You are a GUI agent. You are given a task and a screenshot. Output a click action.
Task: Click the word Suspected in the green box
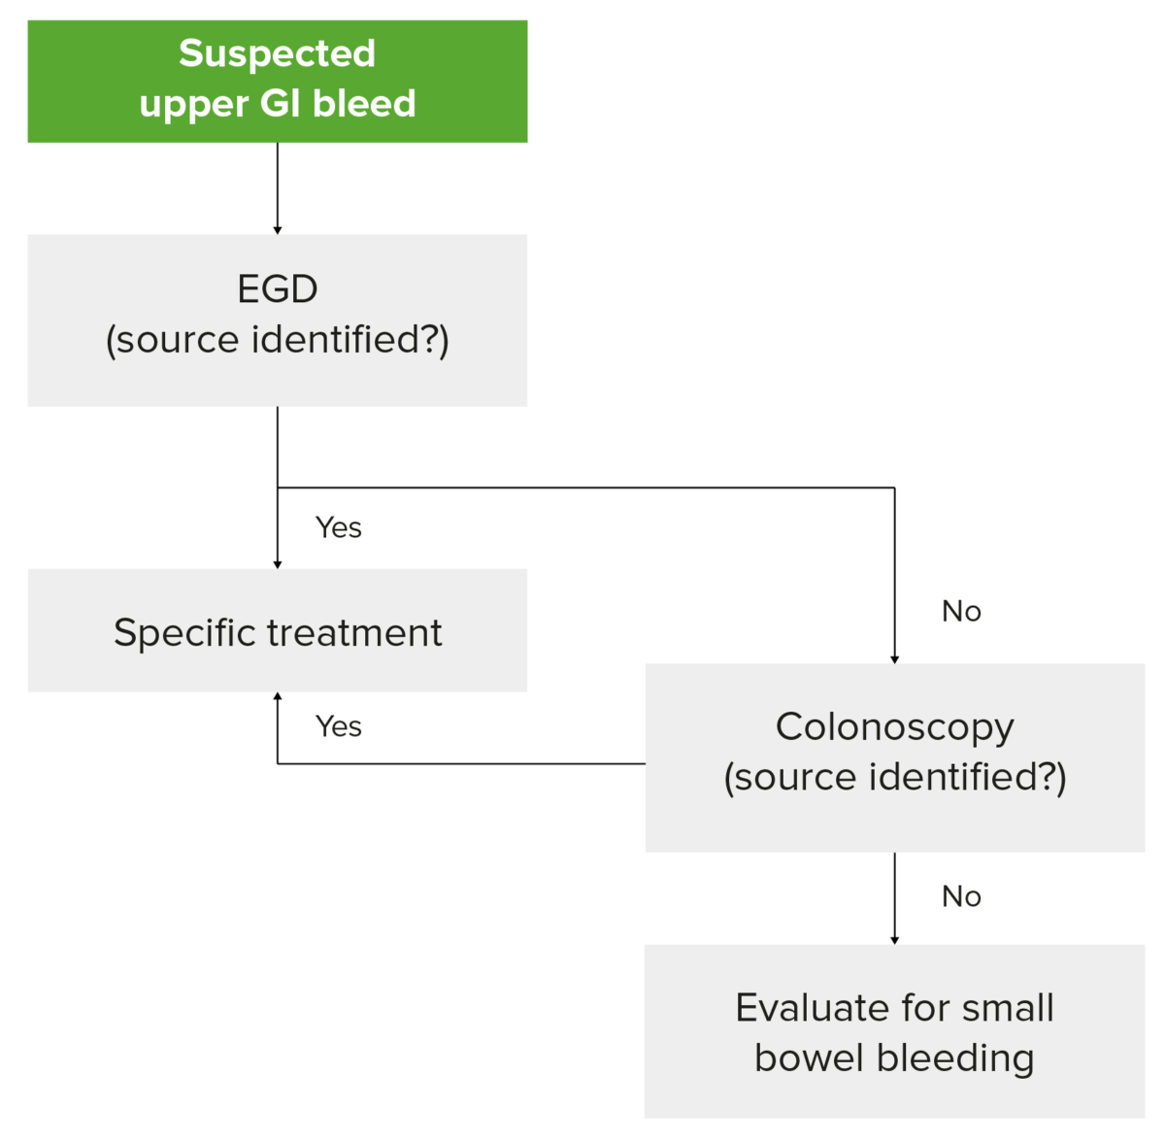pyautogui.click(x=277, y=53)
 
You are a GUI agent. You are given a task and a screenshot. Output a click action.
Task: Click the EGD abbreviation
pyautogui.click(x=278, y=289)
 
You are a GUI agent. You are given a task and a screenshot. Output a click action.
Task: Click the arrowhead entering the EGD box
pyautogui.click(x=278, y=229)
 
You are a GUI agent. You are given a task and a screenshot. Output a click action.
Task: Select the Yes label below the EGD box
pyautogui.click(x=338, y=527)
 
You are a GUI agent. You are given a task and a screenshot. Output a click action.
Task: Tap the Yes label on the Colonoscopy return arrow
pyautogui.click(x=338, y=726)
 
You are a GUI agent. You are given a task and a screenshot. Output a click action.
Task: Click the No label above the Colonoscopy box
pyautogui.click(x=961, y=611)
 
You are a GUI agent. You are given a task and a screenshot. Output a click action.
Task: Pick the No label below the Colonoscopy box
pyautogui.click(x=961, y=896)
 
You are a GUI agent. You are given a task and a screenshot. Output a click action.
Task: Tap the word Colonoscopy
pyautogui.click(x=894, y=727)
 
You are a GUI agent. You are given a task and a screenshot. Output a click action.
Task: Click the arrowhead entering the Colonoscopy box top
pyautogui.click(x=894, y=658)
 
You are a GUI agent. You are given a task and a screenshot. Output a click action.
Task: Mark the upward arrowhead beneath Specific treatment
pyautogui.click(x=278, y=697)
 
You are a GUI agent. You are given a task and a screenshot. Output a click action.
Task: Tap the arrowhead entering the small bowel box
pyautogui.click(x=894, y=939)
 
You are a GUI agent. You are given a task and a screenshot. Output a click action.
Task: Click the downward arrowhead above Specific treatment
pyautogui.click(x=278, y=563)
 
